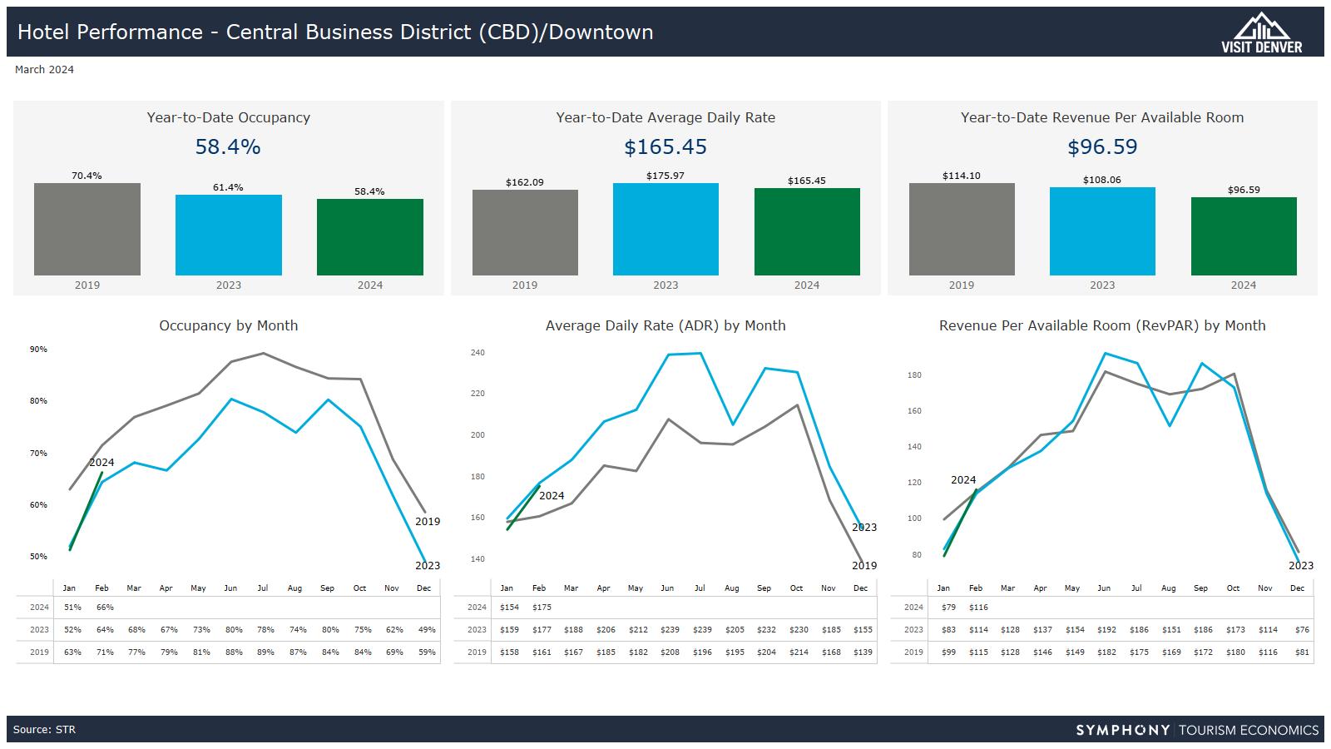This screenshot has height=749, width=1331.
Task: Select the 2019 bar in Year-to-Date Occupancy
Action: (87, 229)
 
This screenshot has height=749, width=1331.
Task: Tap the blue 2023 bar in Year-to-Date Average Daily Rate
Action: (665, 229)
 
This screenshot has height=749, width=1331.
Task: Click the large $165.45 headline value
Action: (665, 147)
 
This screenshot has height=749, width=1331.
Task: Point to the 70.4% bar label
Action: (87, 176)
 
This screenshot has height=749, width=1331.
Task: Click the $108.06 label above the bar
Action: (1102, 180)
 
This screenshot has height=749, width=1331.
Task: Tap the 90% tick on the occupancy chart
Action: (38, 350)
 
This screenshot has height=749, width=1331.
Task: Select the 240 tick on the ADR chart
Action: (477, 353)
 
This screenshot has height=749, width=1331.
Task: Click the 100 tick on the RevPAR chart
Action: (914, 518)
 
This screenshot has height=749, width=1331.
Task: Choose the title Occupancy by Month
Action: (229, 325)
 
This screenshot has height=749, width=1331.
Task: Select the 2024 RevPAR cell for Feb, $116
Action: (978, 608)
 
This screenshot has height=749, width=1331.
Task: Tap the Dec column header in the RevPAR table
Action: (1297, 588)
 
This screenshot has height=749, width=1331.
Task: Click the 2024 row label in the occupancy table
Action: (39, 608)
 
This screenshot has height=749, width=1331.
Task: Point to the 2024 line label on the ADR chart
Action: (552, 496)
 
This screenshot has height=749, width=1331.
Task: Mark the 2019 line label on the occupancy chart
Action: (428, 522)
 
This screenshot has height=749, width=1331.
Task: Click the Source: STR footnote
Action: (45, 730)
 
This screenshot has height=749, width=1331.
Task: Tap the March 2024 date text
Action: (44, 70)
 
